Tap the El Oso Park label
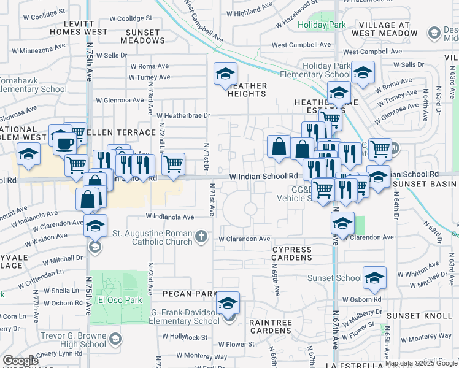click(x=120, y=301)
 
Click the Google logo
click(x=20, y=361)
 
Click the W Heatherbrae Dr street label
click(x=183, y=115)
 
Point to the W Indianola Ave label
click(x=170, y=217)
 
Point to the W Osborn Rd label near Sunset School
click(x=362, y=299)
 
